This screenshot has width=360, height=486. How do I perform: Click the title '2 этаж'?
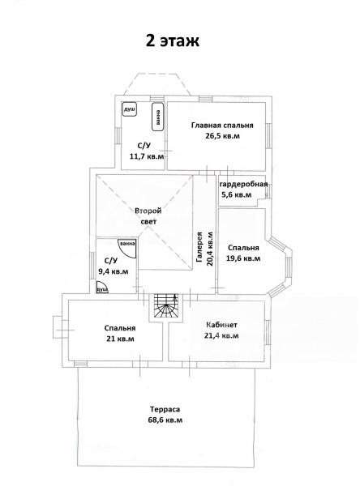[x=173, y=40]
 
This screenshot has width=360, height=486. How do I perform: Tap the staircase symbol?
[x=167, y=305]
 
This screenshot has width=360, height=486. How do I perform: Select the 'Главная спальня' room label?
[x=222, y=126]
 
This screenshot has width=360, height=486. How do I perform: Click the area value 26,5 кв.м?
[x=222, y=136]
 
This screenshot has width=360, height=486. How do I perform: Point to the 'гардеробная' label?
[x=243, y=185]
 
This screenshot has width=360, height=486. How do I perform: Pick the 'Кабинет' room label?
[x=221, y=325]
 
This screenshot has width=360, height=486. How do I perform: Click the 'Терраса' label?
[x=165, y=409]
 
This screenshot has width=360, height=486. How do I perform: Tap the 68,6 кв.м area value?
[x=165, y=420]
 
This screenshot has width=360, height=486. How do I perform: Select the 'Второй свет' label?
[x=148, y=216]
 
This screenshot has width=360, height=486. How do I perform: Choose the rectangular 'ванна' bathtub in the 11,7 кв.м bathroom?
[x=158, y=117]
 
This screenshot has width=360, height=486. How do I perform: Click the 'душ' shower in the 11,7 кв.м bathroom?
[x=130, y=109]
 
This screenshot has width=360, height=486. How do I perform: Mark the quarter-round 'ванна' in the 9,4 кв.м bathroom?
[x=127, y=249]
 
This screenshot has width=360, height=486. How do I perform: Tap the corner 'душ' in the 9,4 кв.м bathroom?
[x=101, y=288]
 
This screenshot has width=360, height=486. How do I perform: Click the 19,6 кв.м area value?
[x=243, y=258]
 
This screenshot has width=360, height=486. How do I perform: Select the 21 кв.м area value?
[x=120, y=339]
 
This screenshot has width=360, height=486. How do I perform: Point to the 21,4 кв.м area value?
[x=221, y=335]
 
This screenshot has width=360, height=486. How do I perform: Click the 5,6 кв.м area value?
[x=236, y=195]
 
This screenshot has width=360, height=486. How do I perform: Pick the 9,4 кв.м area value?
[x=114, y=272]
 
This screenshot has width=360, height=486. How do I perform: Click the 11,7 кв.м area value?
[x=147, y=156]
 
